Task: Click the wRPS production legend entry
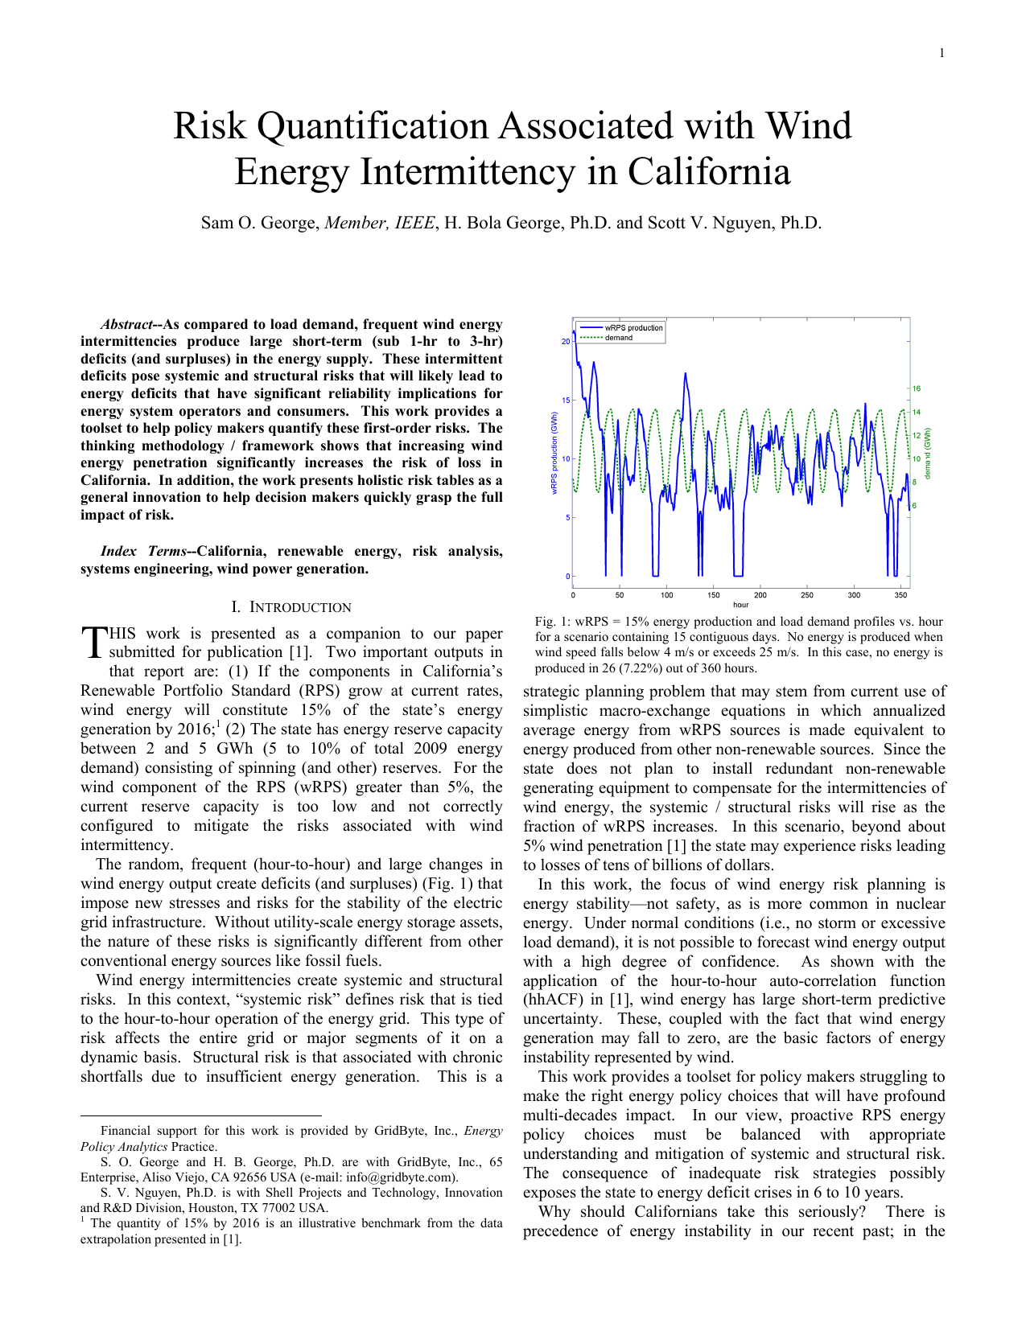633,327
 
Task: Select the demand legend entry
619,338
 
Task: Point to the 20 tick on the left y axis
566,342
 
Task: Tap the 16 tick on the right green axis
917,388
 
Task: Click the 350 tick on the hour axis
900,596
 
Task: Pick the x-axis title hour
740,605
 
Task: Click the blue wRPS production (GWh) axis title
554,453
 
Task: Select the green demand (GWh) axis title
927,453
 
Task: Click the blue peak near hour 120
686,374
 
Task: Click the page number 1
942,53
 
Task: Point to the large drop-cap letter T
93,643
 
